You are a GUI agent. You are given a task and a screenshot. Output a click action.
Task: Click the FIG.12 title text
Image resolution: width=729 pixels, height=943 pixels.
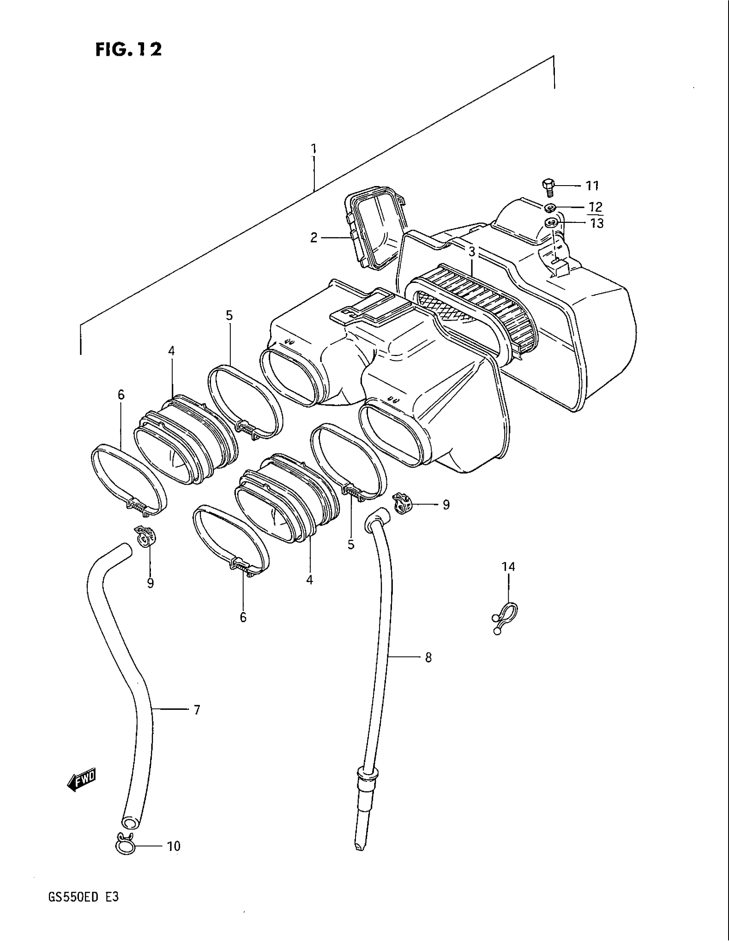click(129, 49)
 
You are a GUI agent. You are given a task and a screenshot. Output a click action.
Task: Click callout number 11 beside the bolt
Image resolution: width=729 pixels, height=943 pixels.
click(592, 186)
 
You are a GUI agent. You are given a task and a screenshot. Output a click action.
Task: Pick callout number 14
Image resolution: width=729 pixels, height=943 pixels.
click(508, 567)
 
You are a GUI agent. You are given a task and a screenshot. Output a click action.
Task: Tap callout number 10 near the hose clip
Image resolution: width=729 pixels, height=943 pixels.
click(174, 847)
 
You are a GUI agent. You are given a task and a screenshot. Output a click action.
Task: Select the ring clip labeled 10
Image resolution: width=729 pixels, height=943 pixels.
click(125, 843)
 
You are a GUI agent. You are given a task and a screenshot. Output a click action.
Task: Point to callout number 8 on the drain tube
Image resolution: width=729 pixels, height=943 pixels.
click(428, 658)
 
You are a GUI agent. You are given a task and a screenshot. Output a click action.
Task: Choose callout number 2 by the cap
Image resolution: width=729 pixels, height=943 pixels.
click(314, 237)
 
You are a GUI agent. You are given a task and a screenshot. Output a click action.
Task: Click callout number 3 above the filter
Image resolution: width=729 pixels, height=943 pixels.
click(472, 252)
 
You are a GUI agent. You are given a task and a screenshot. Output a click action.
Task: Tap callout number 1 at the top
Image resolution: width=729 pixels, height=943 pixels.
click(314, 149)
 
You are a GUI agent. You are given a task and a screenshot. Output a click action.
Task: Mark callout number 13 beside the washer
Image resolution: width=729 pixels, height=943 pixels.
click(597, 224)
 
